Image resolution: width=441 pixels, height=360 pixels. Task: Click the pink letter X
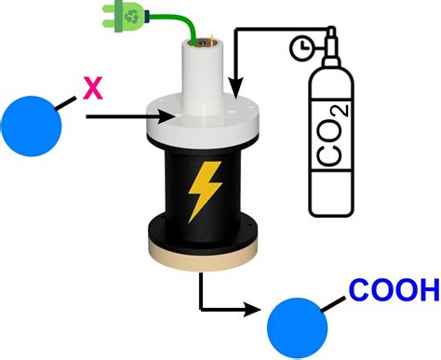click(93, 88)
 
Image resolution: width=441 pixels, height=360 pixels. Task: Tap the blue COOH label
click(394, 290)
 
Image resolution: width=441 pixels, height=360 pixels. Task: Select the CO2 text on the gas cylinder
click(332, 135)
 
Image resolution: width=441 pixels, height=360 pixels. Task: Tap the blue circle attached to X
click(32, 127)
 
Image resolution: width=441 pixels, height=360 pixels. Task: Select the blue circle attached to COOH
click(297, 328)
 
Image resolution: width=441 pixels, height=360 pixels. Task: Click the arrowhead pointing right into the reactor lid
click(166, 116)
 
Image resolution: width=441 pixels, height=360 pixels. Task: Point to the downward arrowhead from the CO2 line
click(236, 88)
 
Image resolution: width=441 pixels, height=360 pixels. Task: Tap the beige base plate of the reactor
click(203, 257)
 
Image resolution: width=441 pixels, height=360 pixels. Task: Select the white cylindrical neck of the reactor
click(203, 73)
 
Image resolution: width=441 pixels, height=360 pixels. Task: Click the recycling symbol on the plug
click(131, 17)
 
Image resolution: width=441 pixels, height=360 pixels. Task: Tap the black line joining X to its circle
click(65, 103)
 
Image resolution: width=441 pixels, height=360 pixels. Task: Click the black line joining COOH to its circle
click(333, 304)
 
